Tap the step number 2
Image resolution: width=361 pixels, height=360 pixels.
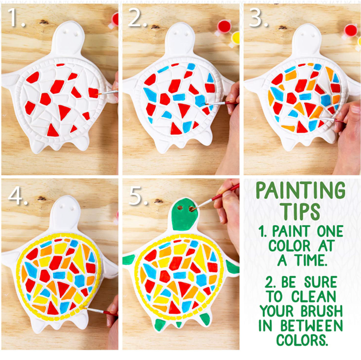click(x=137, y=17)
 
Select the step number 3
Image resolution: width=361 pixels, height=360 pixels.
click(x=258, y=17)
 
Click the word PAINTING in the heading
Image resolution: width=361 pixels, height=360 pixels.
click(x=300, y=190)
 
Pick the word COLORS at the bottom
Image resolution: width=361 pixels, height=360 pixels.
click(x=302, y=340)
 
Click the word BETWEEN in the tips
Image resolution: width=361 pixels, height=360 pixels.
click(x=312, y=326)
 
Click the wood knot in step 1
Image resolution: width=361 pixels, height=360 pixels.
click(x=44, y=22)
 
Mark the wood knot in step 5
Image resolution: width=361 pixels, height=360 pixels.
click(x=159, y=201)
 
